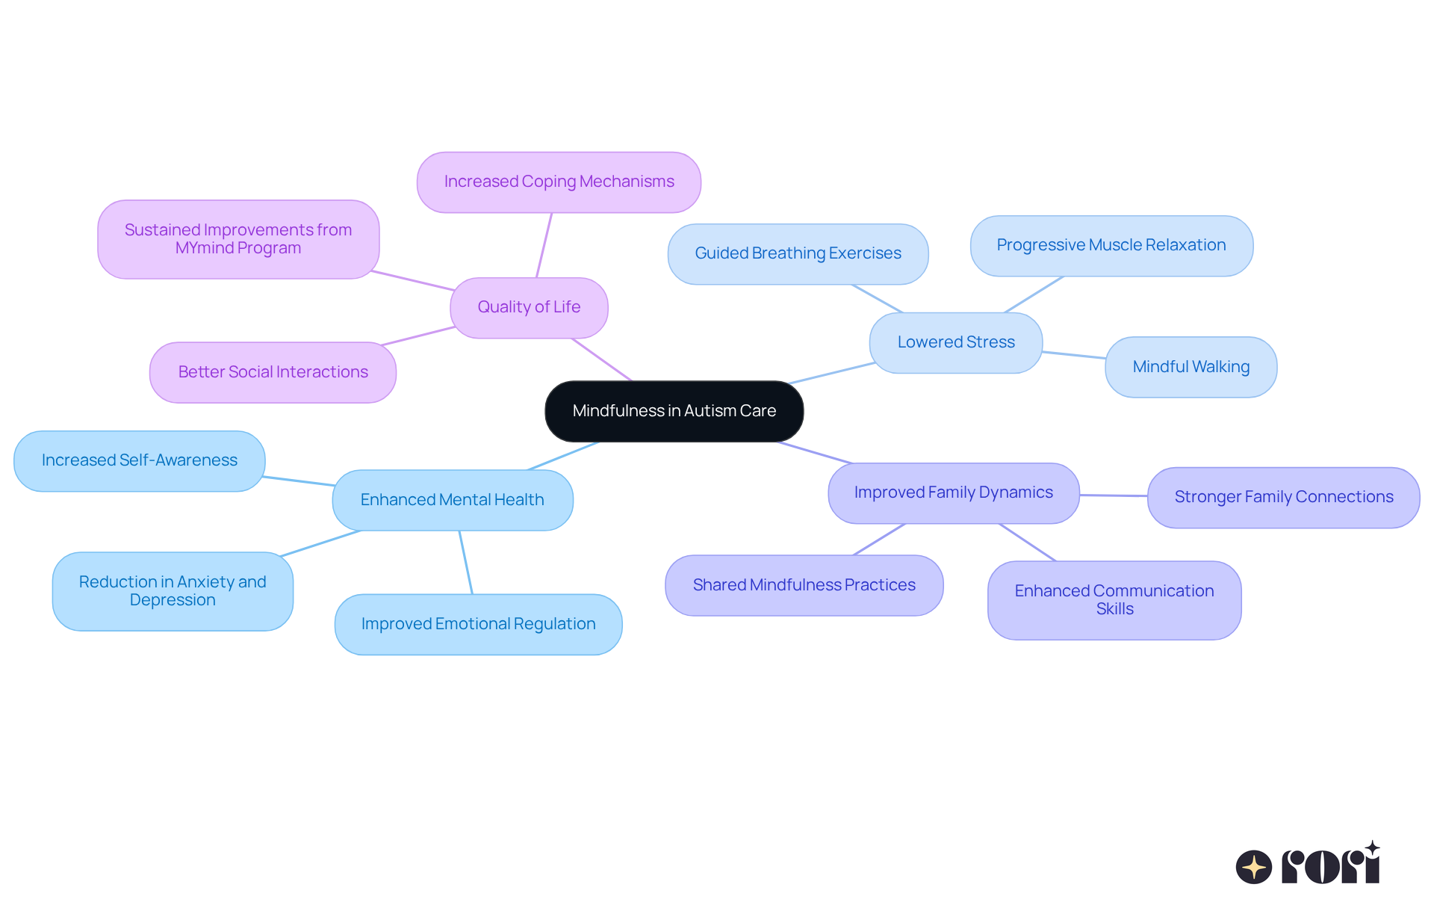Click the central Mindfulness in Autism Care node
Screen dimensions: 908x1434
674,411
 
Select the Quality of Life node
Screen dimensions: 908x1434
529,307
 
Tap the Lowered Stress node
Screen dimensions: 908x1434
955,342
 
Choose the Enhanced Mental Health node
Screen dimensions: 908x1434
452,500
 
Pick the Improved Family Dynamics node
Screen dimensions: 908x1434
953,492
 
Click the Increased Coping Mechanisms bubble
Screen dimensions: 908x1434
559,182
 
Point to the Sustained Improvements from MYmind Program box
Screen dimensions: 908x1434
238,239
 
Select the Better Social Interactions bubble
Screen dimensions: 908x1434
273,372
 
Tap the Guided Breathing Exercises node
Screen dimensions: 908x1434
798,253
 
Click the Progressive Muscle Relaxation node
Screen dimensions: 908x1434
1111,245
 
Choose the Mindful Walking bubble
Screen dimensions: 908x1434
1191,367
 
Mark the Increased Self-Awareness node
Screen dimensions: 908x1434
139,460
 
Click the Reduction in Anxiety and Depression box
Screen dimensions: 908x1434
173,591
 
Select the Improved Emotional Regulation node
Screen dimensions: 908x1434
478,624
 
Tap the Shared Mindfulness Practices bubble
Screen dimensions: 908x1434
804,585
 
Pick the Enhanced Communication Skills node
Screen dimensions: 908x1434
1114,600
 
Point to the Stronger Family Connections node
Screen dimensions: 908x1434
1283,497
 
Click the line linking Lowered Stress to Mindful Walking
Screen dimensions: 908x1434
1073,355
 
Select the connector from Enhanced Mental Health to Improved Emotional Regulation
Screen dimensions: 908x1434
466,562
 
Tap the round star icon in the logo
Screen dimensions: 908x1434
1253,867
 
